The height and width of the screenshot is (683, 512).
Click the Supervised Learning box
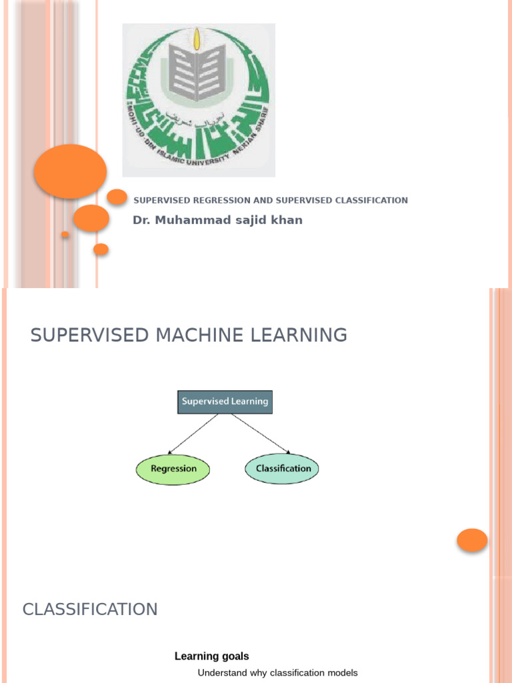click(x=225, y=402)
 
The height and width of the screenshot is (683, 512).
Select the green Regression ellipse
click(x=173, y=468)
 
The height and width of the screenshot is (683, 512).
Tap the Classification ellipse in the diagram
click(x=283, y=468)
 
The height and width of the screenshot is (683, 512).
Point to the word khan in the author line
click(x=287, y=220)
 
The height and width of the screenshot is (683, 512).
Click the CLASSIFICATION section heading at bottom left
click(x=90, y=609)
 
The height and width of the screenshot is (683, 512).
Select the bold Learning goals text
click(x=211, y=656)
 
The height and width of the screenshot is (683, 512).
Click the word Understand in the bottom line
click(x=222, y=673)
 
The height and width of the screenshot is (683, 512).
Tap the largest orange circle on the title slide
click(x=70, y=171)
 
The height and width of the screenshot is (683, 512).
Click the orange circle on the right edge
click(x=473, y=540)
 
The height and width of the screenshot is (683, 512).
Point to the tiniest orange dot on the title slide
click(x=65, y=235)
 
